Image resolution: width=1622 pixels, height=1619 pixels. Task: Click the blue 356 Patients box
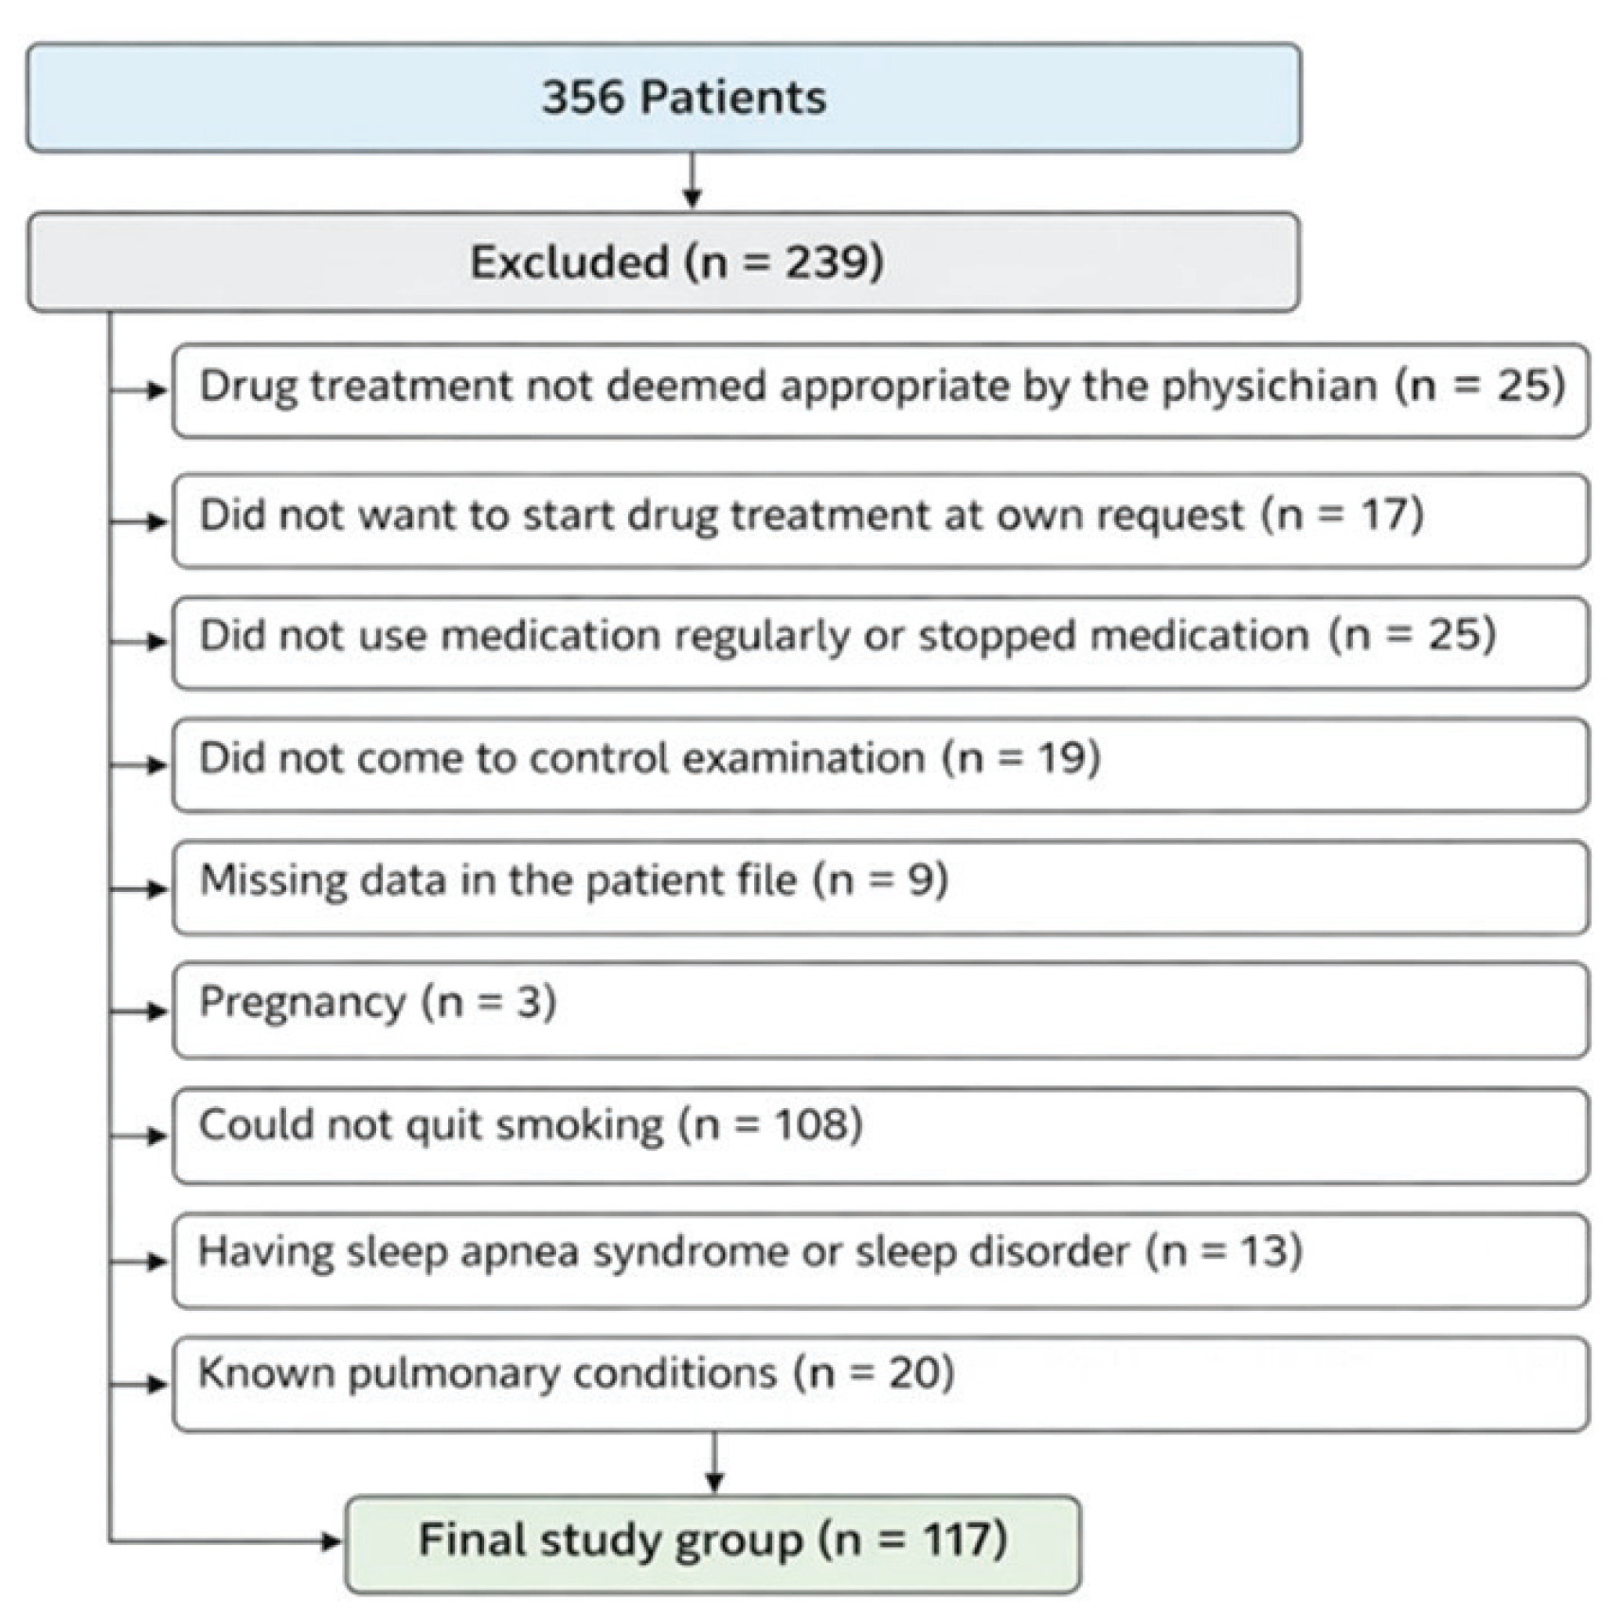coord(663,98)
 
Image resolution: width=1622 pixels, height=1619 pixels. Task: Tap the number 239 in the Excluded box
coord(821,262)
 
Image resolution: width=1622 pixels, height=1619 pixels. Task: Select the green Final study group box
coord(712,1544)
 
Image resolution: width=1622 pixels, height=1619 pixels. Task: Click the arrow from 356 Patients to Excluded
coord(693,180)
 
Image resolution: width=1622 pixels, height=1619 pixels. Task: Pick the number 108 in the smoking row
coord(811,1125)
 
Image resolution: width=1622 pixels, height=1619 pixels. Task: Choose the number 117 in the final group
coord(955,1539)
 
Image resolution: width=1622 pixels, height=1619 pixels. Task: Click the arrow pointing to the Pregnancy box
coord(139,1010)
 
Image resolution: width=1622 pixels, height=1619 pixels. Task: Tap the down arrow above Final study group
coord(715,1462)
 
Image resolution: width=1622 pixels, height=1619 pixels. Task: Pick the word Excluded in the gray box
coord(569,262)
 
